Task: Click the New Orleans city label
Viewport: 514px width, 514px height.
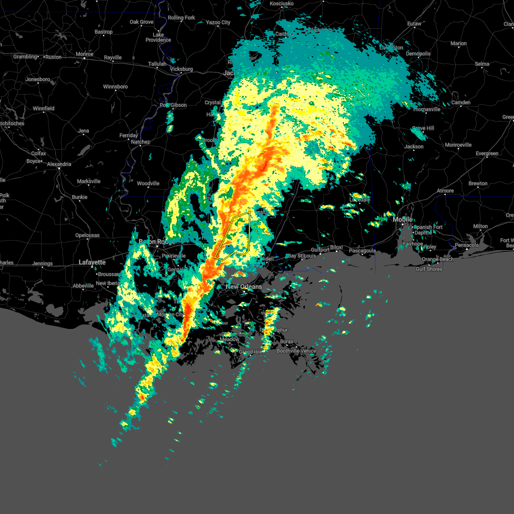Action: [244, 287]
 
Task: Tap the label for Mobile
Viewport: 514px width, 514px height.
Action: [403, 219]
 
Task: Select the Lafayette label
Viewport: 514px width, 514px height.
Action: [92, 262]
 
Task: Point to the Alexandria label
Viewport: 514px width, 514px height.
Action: [59, 164]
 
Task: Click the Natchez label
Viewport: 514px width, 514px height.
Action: [140, 142]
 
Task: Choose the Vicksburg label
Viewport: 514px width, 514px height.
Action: [182, 69]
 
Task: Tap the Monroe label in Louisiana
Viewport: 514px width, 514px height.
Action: [84, 54]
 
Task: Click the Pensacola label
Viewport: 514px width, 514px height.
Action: [466, 245]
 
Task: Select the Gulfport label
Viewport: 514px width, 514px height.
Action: [320, 250]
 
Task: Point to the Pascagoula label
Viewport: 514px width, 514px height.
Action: [362, 251]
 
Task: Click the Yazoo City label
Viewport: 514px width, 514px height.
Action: [218, 22]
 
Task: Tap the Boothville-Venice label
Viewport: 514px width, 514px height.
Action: [296, 351]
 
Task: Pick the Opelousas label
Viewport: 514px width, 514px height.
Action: [87, 235]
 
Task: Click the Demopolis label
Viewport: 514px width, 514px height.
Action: [418, 54]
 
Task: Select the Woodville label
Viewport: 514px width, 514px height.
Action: [148, 183]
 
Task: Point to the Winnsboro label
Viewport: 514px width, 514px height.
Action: [116, 87]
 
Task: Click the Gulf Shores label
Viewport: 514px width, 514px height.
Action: [429, 269]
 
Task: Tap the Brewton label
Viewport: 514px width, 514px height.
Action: [478, 183]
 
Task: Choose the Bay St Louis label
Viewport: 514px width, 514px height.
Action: [302, 256]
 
